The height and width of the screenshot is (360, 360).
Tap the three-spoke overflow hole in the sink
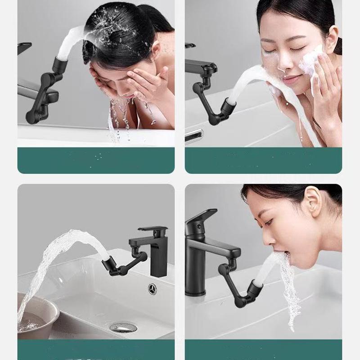[153, 288]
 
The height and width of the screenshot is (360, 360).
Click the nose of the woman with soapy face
[283, 63]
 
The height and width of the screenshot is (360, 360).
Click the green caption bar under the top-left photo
[96, 160]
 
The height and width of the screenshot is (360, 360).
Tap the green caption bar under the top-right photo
[263, 160]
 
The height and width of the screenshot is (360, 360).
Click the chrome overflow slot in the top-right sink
[194, 134]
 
